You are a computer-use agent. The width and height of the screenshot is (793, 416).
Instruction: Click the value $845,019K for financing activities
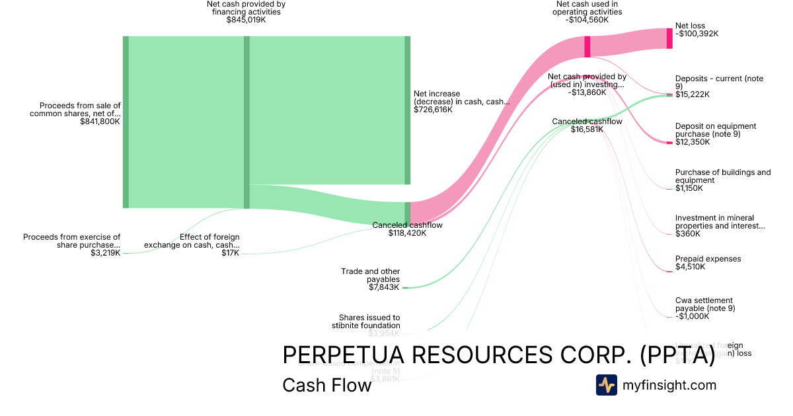[246, 20]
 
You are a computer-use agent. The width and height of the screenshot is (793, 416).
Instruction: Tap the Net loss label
[690, 26]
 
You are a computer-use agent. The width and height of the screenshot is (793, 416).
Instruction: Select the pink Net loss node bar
[669, 38]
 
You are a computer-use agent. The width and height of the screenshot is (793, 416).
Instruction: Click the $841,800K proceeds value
[100, 121]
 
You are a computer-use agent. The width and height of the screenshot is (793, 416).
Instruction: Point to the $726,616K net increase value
[433, 110]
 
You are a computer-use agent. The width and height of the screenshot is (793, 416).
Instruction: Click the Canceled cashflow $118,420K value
[407, 233]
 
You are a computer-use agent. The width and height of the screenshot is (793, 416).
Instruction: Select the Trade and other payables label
[370, 275]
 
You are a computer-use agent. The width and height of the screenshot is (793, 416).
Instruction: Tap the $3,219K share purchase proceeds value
[106, 253]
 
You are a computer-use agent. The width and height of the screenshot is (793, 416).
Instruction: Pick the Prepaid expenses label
[708, 259]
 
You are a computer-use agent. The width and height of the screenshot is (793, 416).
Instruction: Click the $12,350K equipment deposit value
[692, 142]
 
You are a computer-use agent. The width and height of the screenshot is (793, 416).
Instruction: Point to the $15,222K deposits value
[692, 94]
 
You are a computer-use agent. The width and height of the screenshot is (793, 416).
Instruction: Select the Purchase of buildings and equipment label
[722, 176]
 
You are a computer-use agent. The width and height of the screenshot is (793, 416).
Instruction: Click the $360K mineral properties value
[687, 234]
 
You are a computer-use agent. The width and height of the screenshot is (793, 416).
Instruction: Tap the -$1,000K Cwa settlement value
[692, 316]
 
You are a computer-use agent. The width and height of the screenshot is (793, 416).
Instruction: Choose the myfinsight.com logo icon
[606, 385]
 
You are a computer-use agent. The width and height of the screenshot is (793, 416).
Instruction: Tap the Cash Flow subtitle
[326, 385]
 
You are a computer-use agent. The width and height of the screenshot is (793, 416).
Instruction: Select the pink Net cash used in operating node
[587, 47]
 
